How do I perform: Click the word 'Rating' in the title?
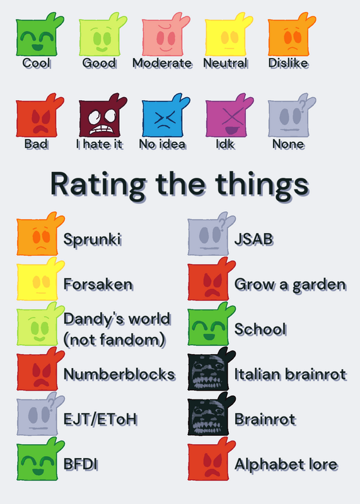click(98, 185)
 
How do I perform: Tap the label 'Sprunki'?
click(92, 239)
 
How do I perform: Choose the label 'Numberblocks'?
click(119, 374)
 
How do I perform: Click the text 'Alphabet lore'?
click(286, 464)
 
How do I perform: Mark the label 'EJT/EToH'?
click(100, 420)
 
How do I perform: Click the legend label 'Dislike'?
click(289, 63)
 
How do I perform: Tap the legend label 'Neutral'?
click(226, 63)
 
